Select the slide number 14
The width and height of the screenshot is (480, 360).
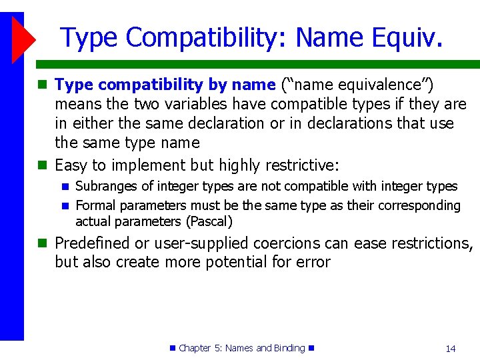point(450,348)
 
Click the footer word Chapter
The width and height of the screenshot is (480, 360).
point(195,348)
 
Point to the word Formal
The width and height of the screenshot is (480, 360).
point(95,205)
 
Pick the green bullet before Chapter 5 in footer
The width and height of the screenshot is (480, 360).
point(173,348)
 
